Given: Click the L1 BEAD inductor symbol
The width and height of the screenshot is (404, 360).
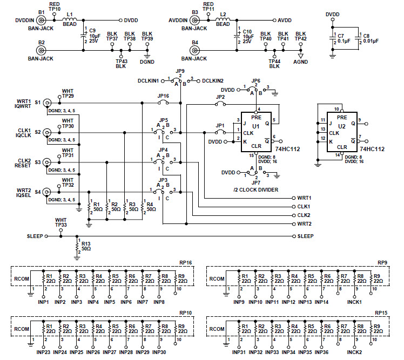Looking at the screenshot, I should click(x=70, y=20).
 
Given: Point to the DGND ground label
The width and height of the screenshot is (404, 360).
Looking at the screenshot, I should click(x=147, y=62).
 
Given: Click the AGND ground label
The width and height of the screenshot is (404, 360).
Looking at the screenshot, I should click(x=301, y=62).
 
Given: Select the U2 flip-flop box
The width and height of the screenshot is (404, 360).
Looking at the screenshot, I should click(x=341, y=132).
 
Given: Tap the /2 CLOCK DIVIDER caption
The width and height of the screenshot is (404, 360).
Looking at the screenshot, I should click(x=257, y=189).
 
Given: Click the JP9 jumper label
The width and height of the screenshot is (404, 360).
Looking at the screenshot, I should click(x=180, y=71).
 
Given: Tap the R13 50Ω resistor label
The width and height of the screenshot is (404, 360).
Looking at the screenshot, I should click(x=85, y=246).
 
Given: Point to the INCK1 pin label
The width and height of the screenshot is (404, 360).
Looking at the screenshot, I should click(x=355, y=302).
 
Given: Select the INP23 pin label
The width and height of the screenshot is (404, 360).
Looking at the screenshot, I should click(x=44, y=352).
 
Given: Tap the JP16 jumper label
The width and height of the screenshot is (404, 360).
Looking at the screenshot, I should click(x=164, y=96).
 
